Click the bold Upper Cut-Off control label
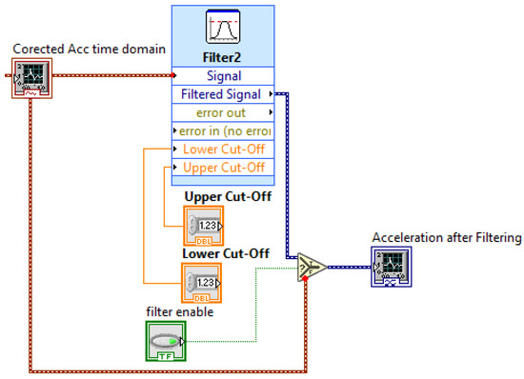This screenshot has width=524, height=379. click(227, 197)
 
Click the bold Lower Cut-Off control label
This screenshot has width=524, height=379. click(227, 253)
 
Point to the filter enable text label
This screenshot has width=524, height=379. click(179, 311)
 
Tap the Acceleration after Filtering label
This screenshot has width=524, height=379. click(446, 237)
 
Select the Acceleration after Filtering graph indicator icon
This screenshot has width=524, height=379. click(392, 267)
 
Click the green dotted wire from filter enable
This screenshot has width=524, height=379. click(255, 305)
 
